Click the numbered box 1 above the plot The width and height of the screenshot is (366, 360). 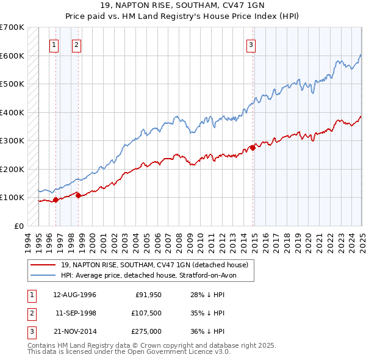tap(54, 44)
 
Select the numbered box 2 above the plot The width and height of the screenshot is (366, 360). tap(76, 44)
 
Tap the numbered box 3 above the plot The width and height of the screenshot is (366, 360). tap(251, 44)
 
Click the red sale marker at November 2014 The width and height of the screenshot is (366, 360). tap(253, 148)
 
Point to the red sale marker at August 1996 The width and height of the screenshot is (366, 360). tap(56, 199)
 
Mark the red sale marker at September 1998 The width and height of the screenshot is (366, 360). tap(78, 195)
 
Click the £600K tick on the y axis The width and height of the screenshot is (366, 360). tap(12, 56)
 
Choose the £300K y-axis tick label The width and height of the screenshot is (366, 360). tap(12, 140)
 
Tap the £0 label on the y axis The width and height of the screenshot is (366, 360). tap(18, 226)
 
